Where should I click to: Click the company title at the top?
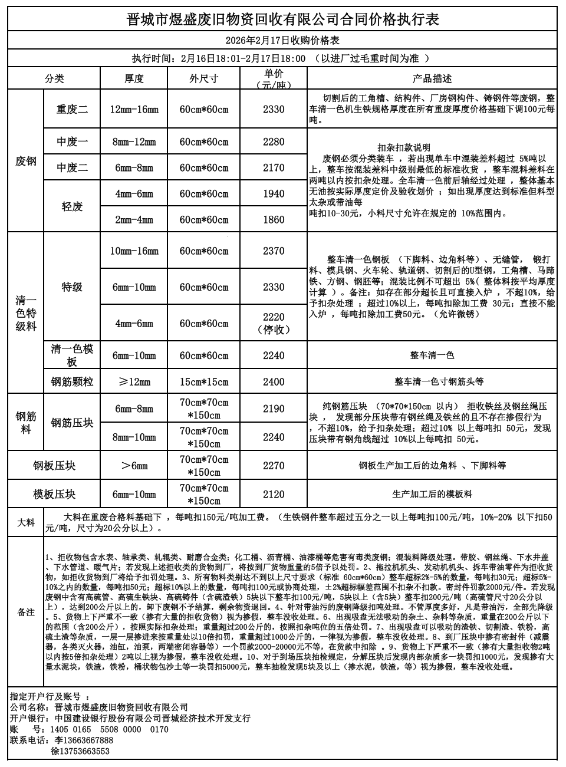[x=283, y=20]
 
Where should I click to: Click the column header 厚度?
[x=134, y=78]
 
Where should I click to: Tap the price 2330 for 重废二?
[x=274, y=109]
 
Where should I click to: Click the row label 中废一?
[x=72, y=141]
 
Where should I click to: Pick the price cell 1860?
[x=274, y=219]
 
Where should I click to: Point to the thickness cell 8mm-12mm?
[x=134, y=141]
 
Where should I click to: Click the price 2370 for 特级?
[x=274, y=251]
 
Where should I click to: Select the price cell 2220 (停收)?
[x=274, y=323]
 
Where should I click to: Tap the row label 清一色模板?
[x=72, y=355]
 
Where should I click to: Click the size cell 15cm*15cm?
[x=204, y=382]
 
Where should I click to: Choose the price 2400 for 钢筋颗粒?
[x=274, y=382]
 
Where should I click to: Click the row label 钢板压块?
[x=54, y=466]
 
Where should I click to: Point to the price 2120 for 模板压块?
[x=274, y=494]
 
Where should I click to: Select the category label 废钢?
[x=26, y=160]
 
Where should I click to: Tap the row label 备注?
[x=26, y=612]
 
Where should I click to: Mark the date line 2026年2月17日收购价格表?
[x=283, y=40]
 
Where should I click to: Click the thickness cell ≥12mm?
[x=134, y=382]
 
